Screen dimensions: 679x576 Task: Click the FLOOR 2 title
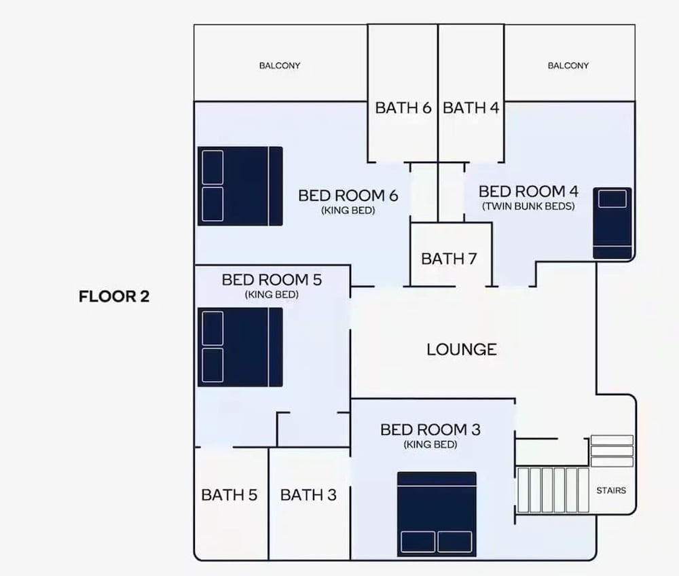point(114,297)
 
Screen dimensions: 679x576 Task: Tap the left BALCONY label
point(280,66)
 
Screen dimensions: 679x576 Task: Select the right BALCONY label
point(568,66)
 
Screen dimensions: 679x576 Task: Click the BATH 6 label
point(403,108)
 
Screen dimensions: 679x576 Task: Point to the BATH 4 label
point(471,108)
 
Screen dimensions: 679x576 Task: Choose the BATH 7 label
point(449,259)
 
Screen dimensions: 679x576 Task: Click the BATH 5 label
point(230,495)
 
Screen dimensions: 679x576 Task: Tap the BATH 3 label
point(308,495)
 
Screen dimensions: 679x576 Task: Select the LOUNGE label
point(462,350)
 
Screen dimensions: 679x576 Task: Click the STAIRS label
point(611,490)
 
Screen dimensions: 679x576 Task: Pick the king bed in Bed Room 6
point(240,186)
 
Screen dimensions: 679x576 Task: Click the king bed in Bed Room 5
point(240,347)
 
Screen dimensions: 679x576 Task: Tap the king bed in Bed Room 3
point(437,514)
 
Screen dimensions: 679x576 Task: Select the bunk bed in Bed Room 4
point(612,223)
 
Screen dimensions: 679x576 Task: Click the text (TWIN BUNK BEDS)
point(528,206)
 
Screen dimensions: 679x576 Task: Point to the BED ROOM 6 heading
point(348,196)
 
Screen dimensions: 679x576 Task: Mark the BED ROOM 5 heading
point(272,281)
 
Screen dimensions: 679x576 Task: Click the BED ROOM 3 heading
point(430,430)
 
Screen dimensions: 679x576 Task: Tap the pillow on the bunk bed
point(612,199)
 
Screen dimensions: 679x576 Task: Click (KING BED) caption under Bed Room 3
point(430,445)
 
